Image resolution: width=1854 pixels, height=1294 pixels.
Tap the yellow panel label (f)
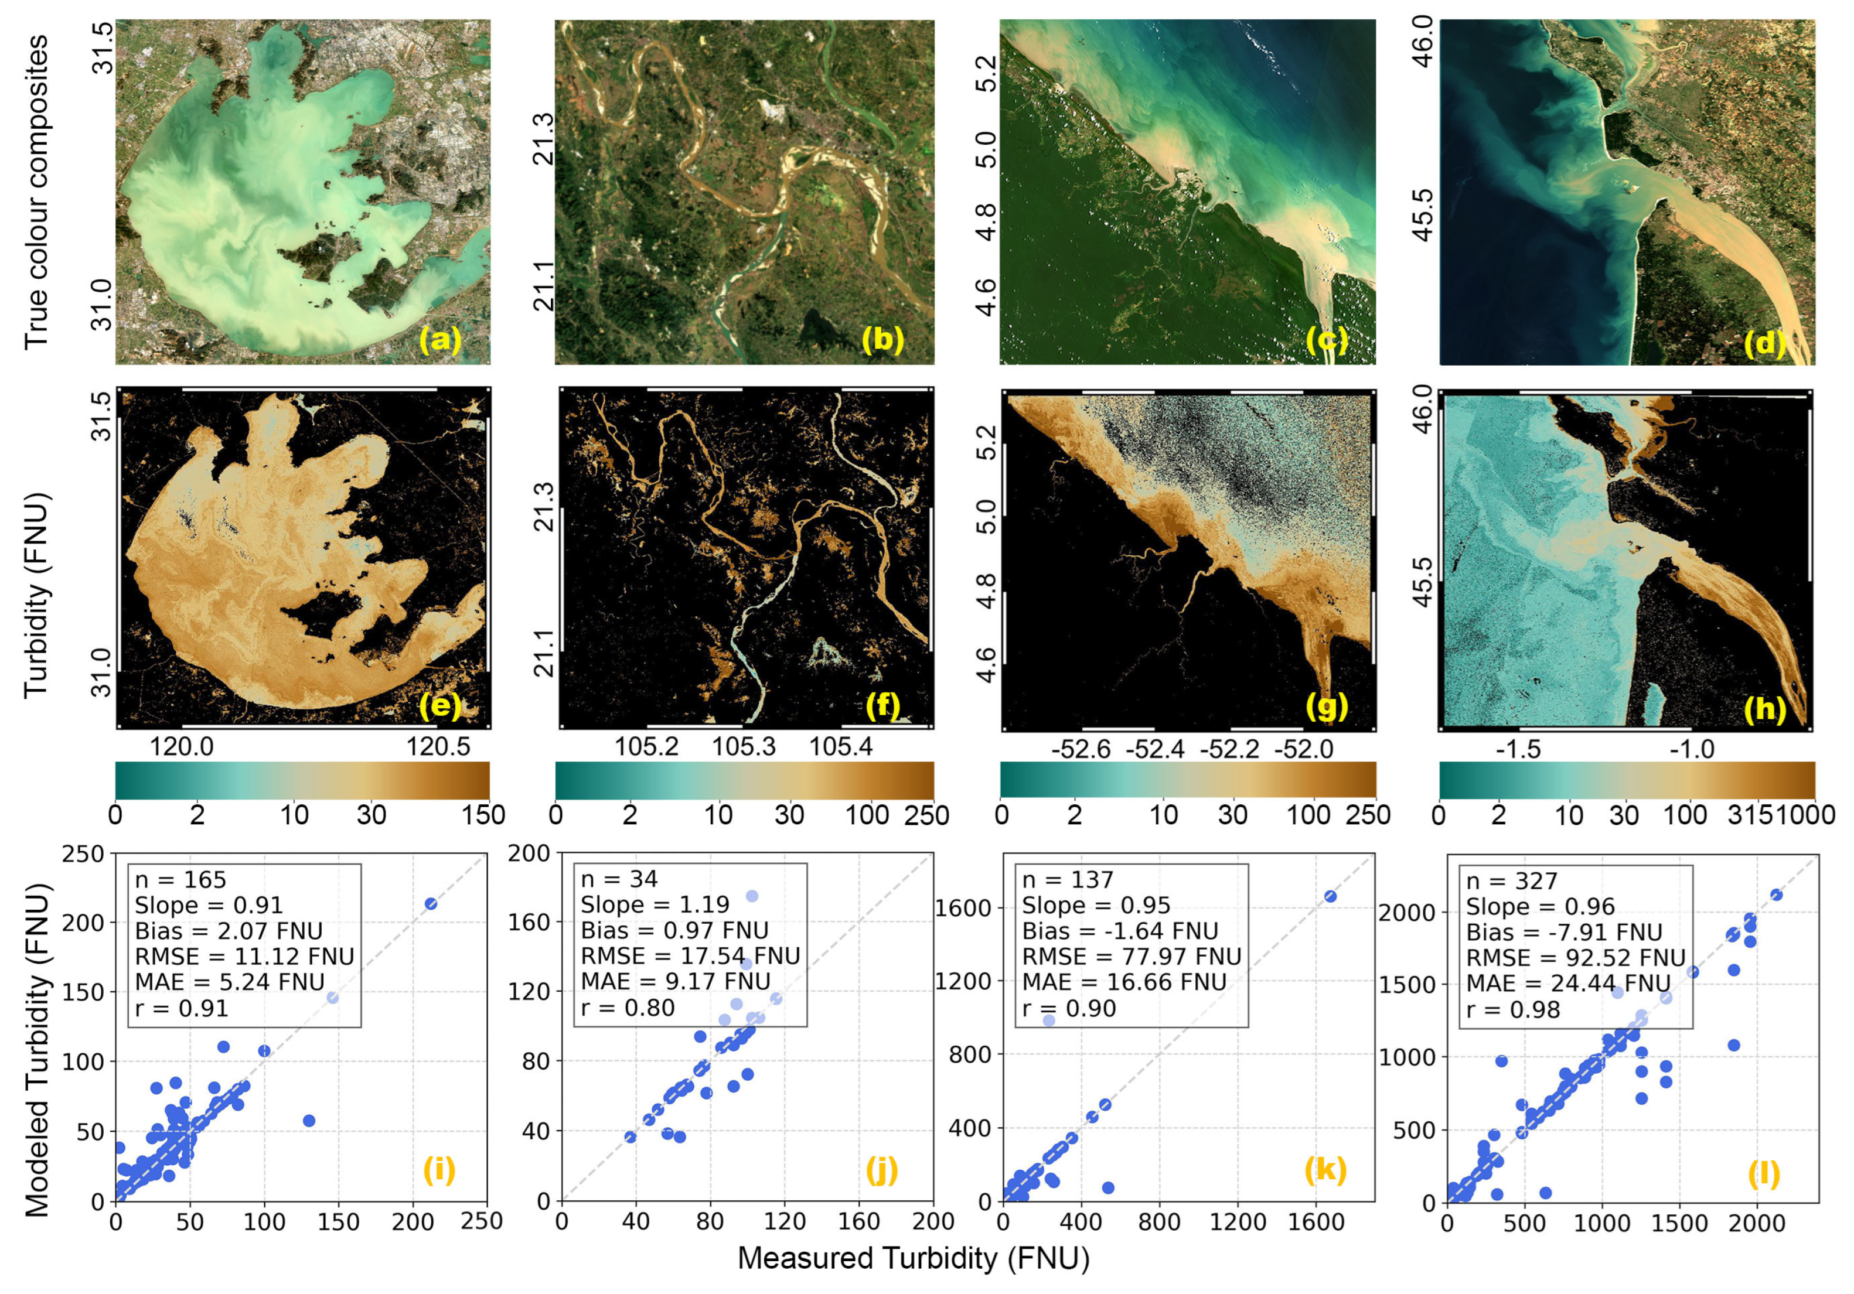coord(882,706)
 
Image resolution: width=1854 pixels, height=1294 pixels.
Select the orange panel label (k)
coord(1325,1170)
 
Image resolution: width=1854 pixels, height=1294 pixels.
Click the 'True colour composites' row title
coord(36,192)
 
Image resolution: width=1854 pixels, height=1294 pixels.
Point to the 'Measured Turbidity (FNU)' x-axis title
coord(914,1258)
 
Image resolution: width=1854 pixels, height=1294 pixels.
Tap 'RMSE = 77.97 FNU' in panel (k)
coord(1132,957)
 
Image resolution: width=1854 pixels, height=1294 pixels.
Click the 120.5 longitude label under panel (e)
coord(438,746)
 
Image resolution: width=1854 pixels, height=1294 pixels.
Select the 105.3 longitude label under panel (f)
coord(743,746)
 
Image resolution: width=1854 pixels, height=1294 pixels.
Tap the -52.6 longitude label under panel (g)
coord(1081,750)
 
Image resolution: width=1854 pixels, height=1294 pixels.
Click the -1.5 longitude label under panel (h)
coord(1519,750)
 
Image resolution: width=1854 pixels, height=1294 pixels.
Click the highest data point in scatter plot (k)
coord(1330,896)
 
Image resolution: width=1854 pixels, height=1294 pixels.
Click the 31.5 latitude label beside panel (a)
coord(103,50)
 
